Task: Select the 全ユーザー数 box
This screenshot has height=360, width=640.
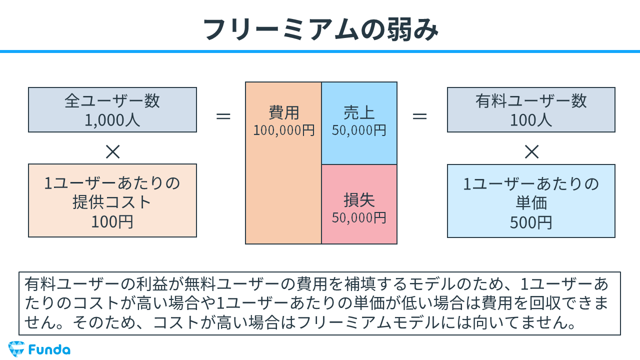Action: (112, 109)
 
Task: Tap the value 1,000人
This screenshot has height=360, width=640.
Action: (112, 120)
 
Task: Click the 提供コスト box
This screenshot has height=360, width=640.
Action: (112, 200)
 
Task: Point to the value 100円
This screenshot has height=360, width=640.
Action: (112, 221)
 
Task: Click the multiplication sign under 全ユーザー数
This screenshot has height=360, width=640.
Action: (112, 151)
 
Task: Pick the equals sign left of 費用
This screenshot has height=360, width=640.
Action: (223, 116)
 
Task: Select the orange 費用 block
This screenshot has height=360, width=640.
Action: (283, 190)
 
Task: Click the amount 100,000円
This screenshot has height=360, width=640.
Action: (284, 130)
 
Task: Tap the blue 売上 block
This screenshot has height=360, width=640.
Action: (359, 123)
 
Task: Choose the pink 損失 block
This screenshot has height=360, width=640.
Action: (359, 204)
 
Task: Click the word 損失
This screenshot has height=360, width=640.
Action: (359, 200)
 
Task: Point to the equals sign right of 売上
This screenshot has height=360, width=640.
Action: (419, 116)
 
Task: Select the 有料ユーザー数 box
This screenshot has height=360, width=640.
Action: (531, 109)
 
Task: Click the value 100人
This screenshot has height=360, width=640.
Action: (531, 120)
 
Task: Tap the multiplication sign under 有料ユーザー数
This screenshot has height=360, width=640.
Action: (531, 151)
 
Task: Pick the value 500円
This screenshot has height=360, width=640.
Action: (531, 222)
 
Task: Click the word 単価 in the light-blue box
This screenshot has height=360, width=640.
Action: (531, 203)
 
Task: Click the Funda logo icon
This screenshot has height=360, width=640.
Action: (16, 348)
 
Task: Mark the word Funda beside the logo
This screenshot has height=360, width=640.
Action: (49, 349)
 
